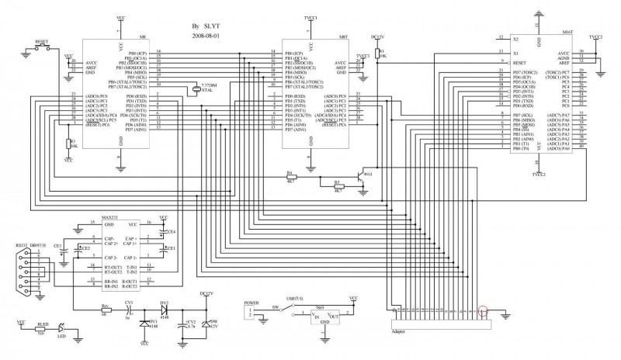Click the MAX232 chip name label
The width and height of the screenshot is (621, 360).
point(109,219)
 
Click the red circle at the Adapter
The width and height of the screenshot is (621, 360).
point(483,313)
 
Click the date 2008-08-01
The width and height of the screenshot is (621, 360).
point(206,35)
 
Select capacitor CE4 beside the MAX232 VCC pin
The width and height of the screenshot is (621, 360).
point(162,230)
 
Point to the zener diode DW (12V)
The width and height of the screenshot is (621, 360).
point(206,324)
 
